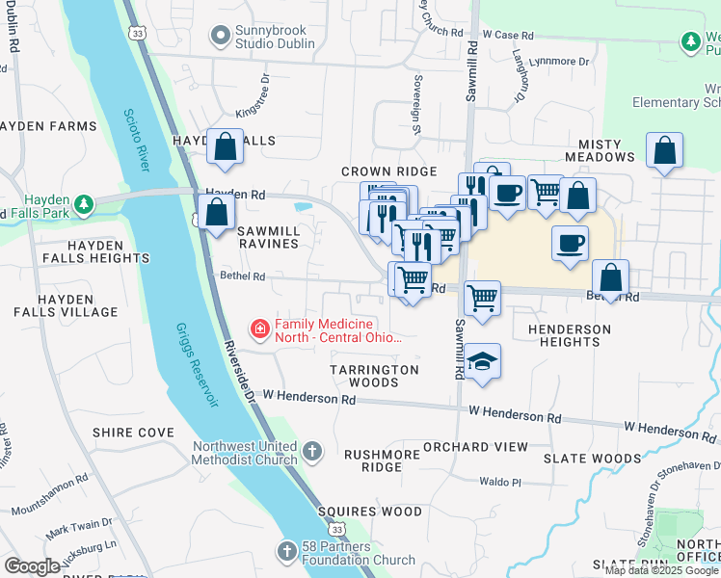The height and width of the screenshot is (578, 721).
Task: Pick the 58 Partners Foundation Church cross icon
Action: (x=286, y=552)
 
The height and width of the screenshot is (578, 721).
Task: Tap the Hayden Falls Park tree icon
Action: (x=85, y=203)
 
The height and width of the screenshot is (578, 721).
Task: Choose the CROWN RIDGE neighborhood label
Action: (x=389, y=171)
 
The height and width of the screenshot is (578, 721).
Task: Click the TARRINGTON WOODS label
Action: (x=374, y=376)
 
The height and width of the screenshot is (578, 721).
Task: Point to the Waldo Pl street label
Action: (x=500, y=481)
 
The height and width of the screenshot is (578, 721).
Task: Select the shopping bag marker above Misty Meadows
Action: (x=664, y=150)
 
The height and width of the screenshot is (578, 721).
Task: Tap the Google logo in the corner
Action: (x=32, y=566)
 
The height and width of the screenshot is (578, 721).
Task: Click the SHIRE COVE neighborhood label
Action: (x=133, y=433)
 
